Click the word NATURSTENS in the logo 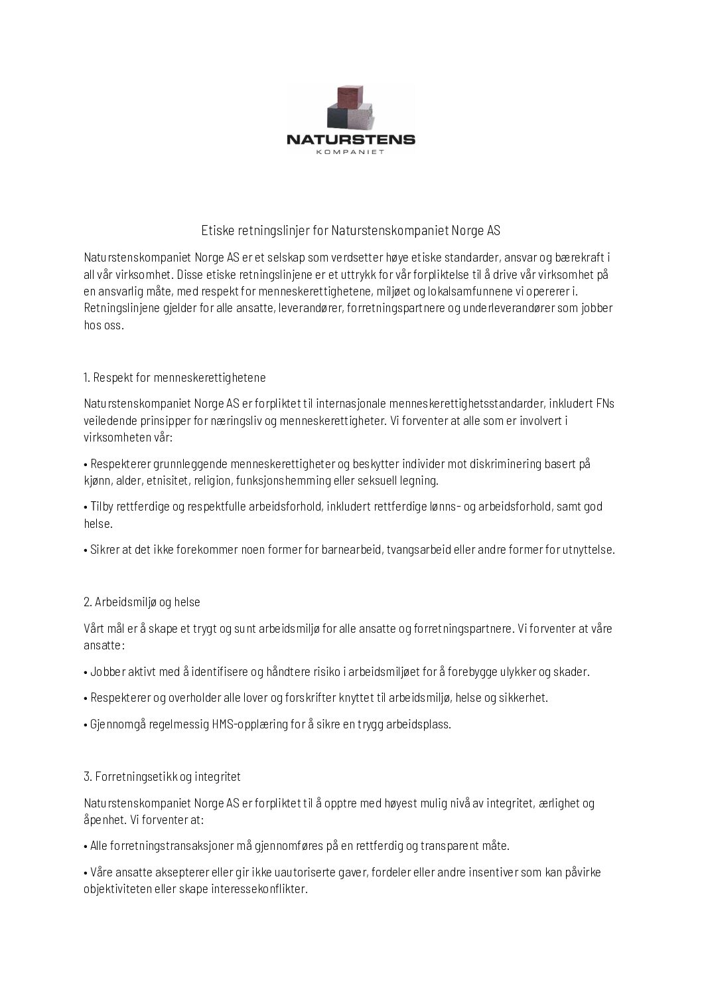tap(350, 139)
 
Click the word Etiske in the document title tap(215, 231)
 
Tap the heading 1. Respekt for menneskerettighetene tap(175, 378)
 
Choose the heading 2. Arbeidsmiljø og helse tap(142, 602)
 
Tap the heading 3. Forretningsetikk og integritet tap(162, 776)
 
